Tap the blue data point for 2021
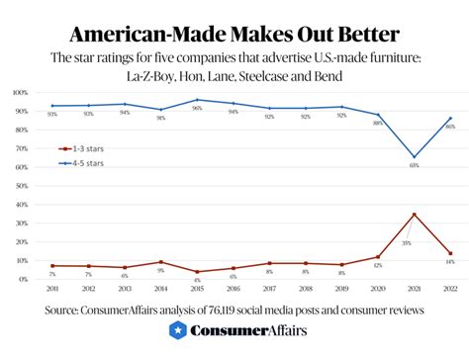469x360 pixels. [414, 156]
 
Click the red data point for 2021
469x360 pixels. [414, 214]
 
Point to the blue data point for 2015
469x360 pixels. [198, 100]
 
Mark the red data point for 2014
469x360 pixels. [161, 262]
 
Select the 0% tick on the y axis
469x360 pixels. [22, 280]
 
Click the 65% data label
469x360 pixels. [414, 166]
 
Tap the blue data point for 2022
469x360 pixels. [450, 119]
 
